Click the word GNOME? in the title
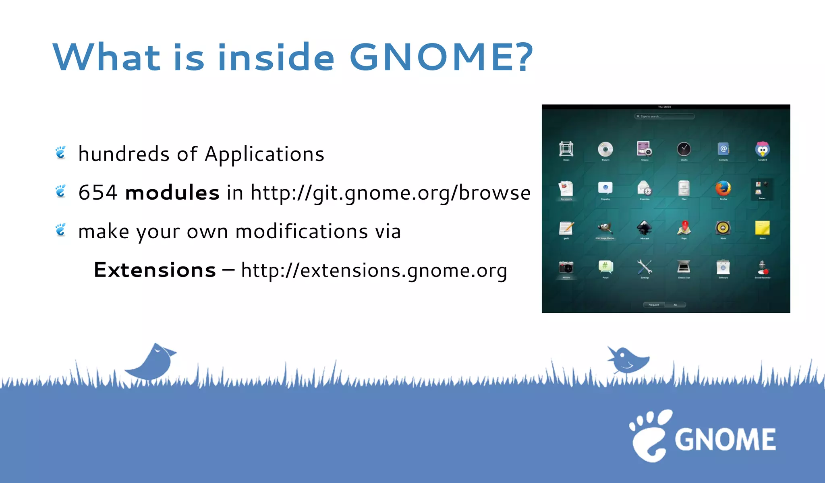click(441, 57)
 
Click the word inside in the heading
click(276, 57)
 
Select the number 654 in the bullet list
click(98, 192)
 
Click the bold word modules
click(172, 192)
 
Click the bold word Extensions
click(155, 270)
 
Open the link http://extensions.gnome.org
click(374, 270)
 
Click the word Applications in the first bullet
click(264, 154)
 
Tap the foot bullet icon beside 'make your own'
click(61, 230)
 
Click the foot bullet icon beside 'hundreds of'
click(61, 153)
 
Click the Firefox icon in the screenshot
click(723, 188)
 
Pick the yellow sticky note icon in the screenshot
click(762, 228)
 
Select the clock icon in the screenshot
click(684, 149)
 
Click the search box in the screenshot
click(665, 116)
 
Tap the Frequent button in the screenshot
click(654, 305)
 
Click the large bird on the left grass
click(152, 362)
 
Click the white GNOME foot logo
click(649, 436)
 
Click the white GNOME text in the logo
click(725, 440)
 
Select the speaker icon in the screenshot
click(723, 228)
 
